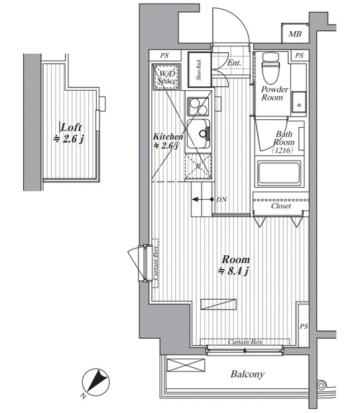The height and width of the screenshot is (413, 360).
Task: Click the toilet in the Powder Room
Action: [x=270, y=67]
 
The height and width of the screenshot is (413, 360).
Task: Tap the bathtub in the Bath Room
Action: [x=279, y=173]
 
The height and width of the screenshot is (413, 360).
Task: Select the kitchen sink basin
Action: [x=199, y=134]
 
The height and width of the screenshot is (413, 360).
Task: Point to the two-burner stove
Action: [x=198, y=107]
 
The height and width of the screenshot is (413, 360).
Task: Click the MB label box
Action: [x=295, y=34]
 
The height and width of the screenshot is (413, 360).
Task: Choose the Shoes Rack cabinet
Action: [x=200, y=70]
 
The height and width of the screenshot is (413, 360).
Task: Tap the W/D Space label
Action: [x=166, y=77]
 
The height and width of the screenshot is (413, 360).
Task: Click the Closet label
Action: [x=281, y=206]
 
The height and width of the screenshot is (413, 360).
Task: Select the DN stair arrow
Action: [x=202, y=200]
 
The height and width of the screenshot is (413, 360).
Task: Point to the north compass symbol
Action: [x=95, y=382]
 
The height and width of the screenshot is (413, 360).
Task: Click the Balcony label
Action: [x=247, y=374]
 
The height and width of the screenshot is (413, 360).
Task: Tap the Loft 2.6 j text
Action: [x=69, y=133]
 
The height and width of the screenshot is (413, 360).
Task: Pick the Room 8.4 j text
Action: [x=235, y=265]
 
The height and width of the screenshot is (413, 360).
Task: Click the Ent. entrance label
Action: [x=234, y=63]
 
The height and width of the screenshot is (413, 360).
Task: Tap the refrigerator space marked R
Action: [x=198, y=166]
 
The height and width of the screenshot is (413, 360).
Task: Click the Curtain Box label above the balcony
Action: [x=245, y=342]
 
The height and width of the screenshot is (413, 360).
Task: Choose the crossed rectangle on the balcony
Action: [x=186, y=365]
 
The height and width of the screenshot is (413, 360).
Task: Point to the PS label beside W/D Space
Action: [x=164, y=56]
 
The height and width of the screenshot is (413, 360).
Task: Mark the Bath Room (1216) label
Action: [x=284, y=143]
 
